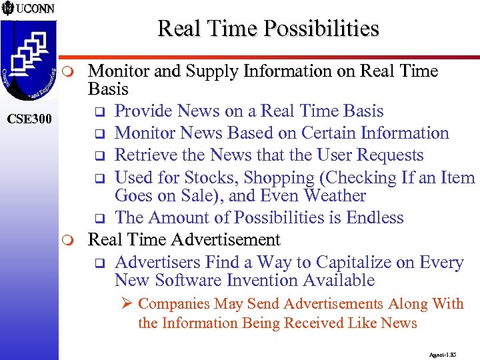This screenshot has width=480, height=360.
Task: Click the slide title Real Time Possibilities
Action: [x=268, y=29]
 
